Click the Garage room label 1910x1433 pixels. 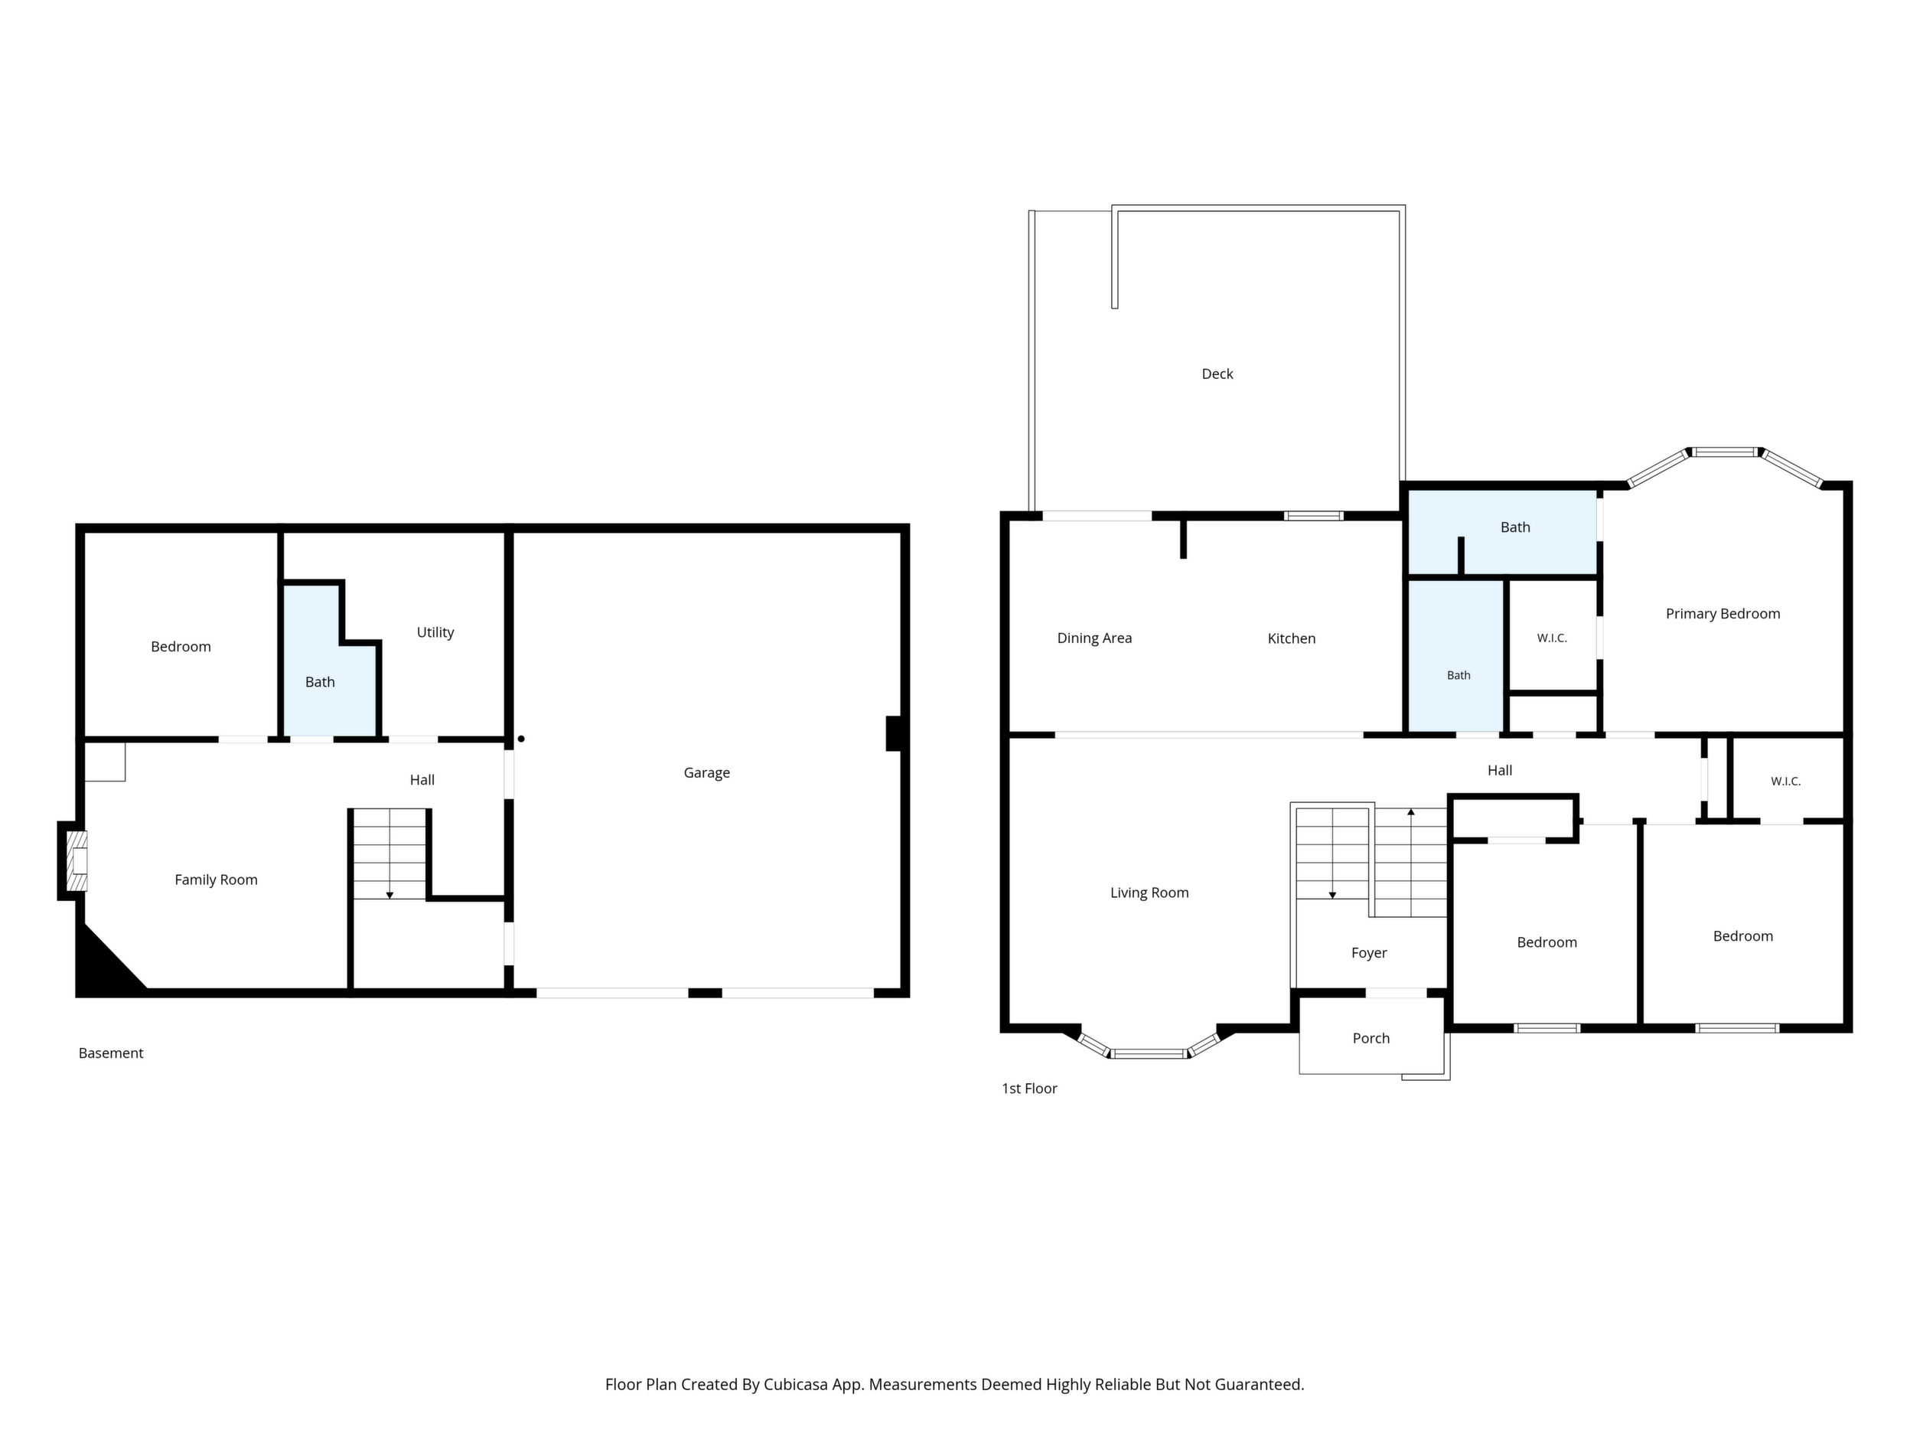point(706,773)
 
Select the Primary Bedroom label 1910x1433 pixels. point(1723,614)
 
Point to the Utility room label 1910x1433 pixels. point(435,632)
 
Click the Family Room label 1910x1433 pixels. point(216,880)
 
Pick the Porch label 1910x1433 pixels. point(1371,1038)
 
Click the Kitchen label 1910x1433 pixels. point(1292,638)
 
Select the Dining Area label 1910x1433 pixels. point(1094,638)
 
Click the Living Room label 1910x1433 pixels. point(1149,893)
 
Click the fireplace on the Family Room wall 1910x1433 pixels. point(76,861)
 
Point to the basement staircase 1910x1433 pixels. point(389,854)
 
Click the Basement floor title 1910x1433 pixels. point(110,1053)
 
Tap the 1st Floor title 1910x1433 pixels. point(1029,1089)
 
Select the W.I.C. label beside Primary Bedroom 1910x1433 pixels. point(1552,638)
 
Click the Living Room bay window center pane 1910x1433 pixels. point(1149,1054)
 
